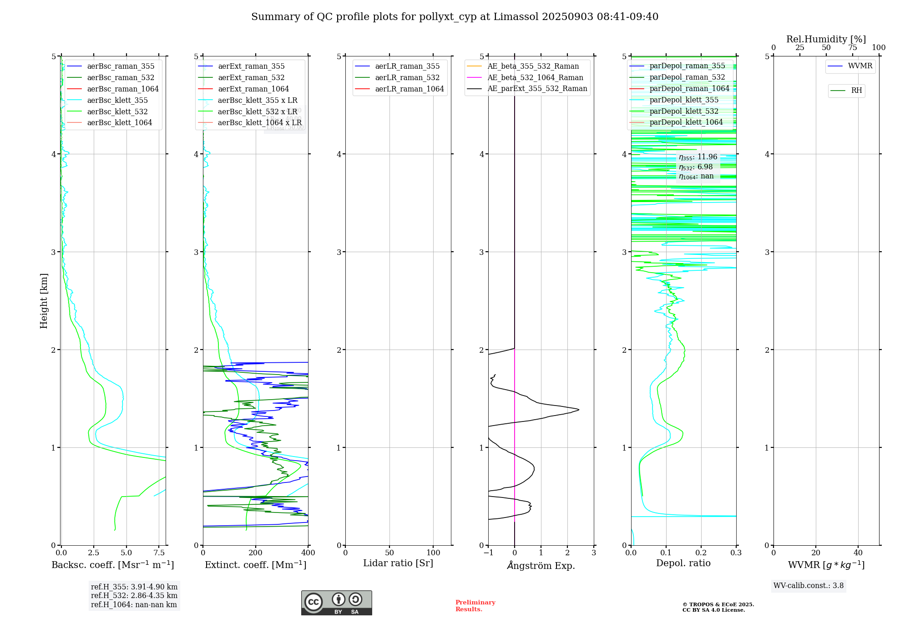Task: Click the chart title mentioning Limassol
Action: click(x=455, y=17)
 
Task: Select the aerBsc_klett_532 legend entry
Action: click(x=117, y=112)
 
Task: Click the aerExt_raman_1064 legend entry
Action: click(x=253, y=89)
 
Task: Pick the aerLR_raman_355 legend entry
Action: click(x=407, y=66)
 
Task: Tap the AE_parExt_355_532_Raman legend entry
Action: click(x=537, y=89)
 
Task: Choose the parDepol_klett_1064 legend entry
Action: click(x=686, y=122)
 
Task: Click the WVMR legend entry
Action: click(x=859, y=66)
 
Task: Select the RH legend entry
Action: click(x=856, y=91)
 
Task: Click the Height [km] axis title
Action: click(x=44, y=301)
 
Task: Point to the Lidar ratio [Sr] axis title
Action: click(x=398, y=563)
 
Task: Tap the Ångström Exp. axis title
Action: click(x=541, y=565)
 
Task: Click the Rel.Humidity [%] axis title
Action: click(x=826, y=39)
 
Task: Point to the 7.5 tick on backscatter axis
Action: click(x=159, y=553)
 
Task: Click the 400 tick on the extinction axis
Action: click(x=308, y=553)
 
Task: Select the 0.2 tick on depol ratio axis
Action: click(x=701, y=553)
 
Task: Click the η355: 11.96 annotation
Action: click(x=698, y=157)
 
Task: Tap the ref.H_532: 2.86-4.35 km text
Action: click(x=134, y=595)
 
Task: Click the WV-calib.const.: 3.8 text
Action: click(x=809, y=585)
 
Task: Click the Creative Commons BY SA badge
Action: click(x=336, y=603)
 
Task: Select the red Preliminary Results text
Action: click(x=475, y=605)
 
